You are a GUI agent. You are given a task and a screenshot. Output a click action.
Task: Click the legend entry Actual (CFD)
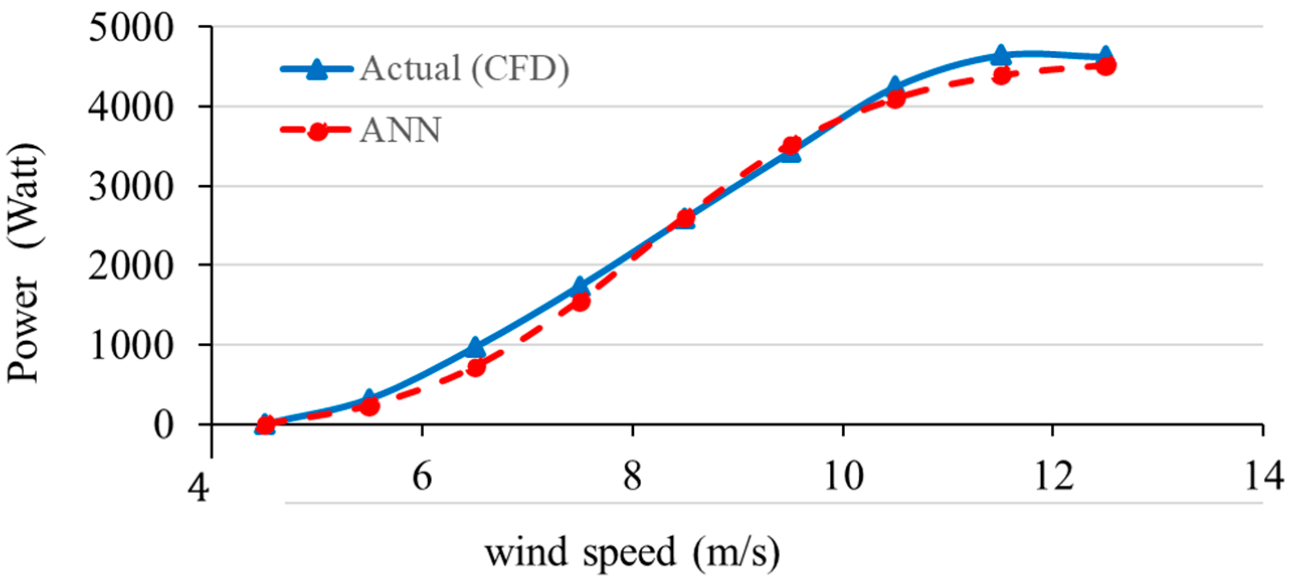pyautogui.click(x=464, y=69)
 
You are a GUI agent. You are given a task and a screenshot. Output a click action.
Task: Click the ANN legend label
pyautogui.click(x=401, y=131)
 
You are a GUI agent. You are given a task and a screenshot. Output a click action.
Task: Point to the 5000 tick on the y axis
pyautogui.click(x=131, y=28)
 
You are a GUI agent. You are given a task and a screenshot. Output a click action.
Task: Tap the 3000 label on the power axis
pyautogui.click(x=131, y=187)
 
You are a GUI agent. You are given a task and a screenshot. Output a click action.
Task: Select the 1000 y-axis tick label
pyautogui.click(x=131, y=346)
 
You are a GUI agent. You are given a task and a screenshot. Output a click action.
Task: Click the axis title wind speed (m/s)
pyautogui.click(x=632, y=553)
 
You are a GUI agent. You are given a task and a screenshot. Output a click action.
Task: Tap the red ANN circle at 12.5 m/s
pyautogui.click(x=1106, y=66)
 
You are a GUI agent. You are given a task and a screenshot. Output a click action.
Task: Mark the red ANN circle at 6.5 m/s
pyautogui.click(x=475, y=367)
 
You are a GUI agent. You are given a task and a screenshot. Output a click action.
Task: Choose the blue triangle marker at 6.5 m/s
pyautogui.click(x=475, y=347)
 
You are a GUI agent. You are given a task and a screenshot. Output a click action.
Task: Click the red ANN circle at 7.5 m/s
pyautogui.click(x=580, y=302)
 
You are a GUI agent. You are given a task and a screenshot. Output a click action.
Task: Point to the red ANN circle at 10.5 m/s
pyautogui.click(x=896, y=99)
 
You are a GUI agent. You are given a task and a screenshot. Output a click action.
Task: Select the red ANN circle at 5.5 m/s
pyautogui.click(x=370, y=406)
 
